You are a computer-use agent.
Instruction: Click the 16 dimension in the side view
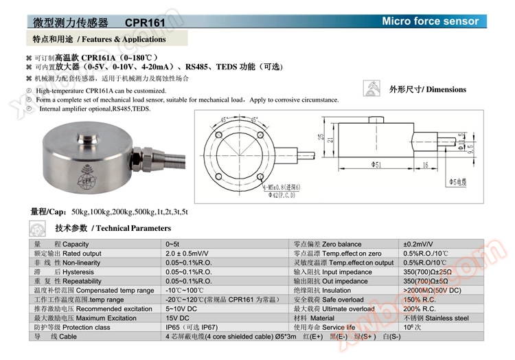426,165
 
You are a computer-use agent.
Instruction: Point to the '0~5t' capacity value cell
172,245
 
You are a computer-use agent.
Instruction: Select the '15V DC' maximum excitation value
177,318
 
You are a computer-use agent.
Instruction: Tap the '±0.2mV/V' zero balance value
417,245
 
